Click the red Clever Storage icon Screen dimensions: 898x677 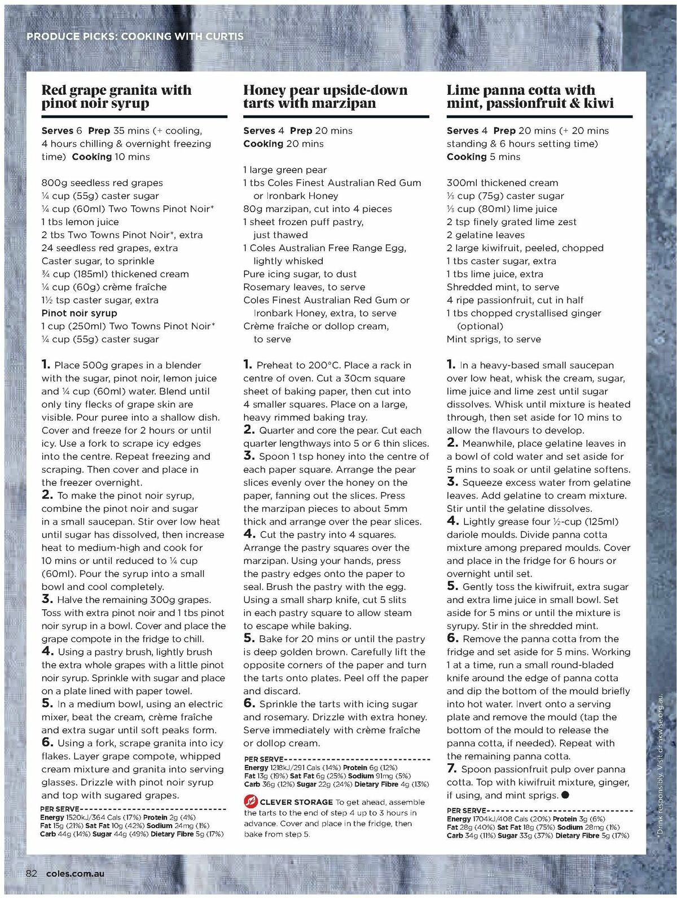250,802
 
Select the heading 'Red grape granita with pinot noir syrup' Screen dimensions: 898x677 116,96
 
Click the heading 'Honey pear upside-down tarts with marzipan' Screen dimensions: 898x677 325,96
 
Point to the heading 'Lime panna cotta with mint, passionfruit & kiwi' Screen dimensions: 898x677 530,96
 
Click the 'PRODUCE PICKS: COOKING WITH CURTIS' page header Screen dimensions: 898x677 135,36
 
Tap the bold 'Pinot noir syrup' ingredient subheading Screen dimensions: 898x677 80,313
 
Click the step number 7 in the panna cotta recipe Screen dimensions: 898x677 451,768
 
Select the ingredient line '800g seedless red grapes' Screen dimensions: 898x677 102,183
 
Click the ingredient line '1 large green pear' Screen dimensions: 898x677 285,170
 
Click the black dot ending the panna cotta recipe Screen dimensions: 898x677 565,795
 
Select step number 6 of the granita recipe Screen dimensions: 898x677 47,742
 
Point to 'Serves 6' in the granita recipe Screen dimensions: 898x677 62,130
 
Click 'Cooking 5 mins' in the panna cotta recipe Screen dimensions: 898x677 483,156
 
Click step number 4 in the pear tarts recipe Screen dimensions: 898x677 249,534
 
